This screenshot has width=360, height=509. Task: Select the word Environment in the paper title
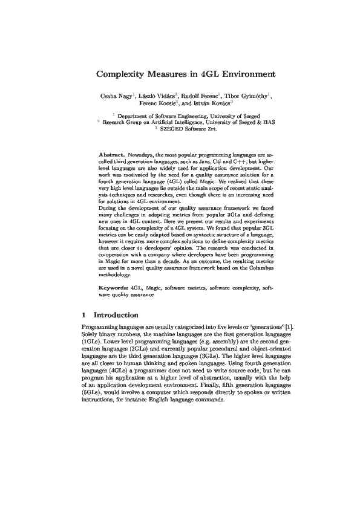click(x=238, y=75)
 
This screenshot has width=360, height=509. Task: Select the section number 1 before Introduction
click(x=83, y=315)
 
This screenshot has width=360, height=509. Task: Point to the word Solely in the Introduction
click(x=90, y=334)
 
